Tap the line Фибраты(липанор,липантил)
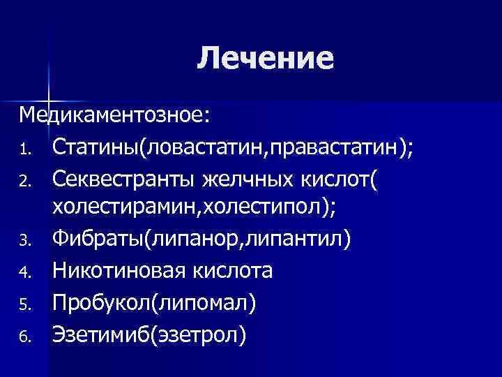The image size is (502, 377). (x=202, y=240)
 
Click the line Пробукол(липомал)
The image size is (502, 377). (x=154, y=303)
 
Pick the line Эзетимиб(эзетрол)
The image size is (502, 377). (x=149, y=334)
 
